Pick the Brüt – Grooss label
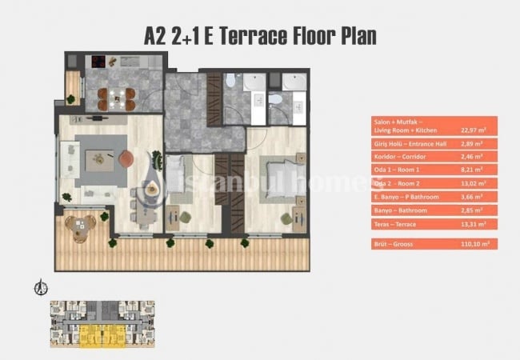coord(396,244)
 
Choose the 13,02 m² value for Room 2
coord(473,183)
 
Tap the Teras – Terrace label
coord(395,225)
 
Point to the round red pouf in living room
coord(126,160)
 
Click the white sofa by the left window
coord(70,158)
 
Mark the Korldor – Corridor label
coord(396,158)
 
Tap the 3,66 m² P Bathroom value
coord(472,196)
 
